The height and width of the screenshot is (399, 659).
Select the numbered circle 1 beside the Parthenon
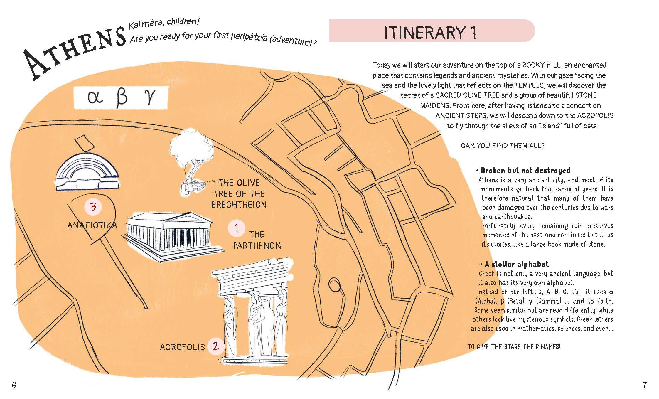tap(237, 228)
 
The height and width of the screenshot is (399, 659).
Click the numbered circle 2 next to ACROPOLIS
tap(216, 346)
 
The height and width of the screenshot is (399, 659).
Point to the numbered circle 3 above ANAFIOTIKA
tap(93, 207)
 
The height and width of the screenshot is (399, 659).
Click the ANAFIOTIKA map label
tap(92, 225)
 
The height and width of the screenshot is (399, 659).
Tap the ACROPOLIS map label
tap(182, 347)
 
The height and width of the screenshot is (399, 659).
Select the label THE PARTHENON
tap(257, 240)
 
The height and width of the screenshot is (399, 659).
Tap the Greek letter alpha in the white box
tap(96, 98)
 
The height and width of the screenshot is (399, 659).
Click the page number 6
tap(14, 385)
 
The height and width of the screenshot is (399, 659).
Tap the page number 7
tap(645, 385)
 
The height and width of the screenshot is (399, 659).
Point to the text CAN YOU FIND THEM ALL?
tap(503, 146)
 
